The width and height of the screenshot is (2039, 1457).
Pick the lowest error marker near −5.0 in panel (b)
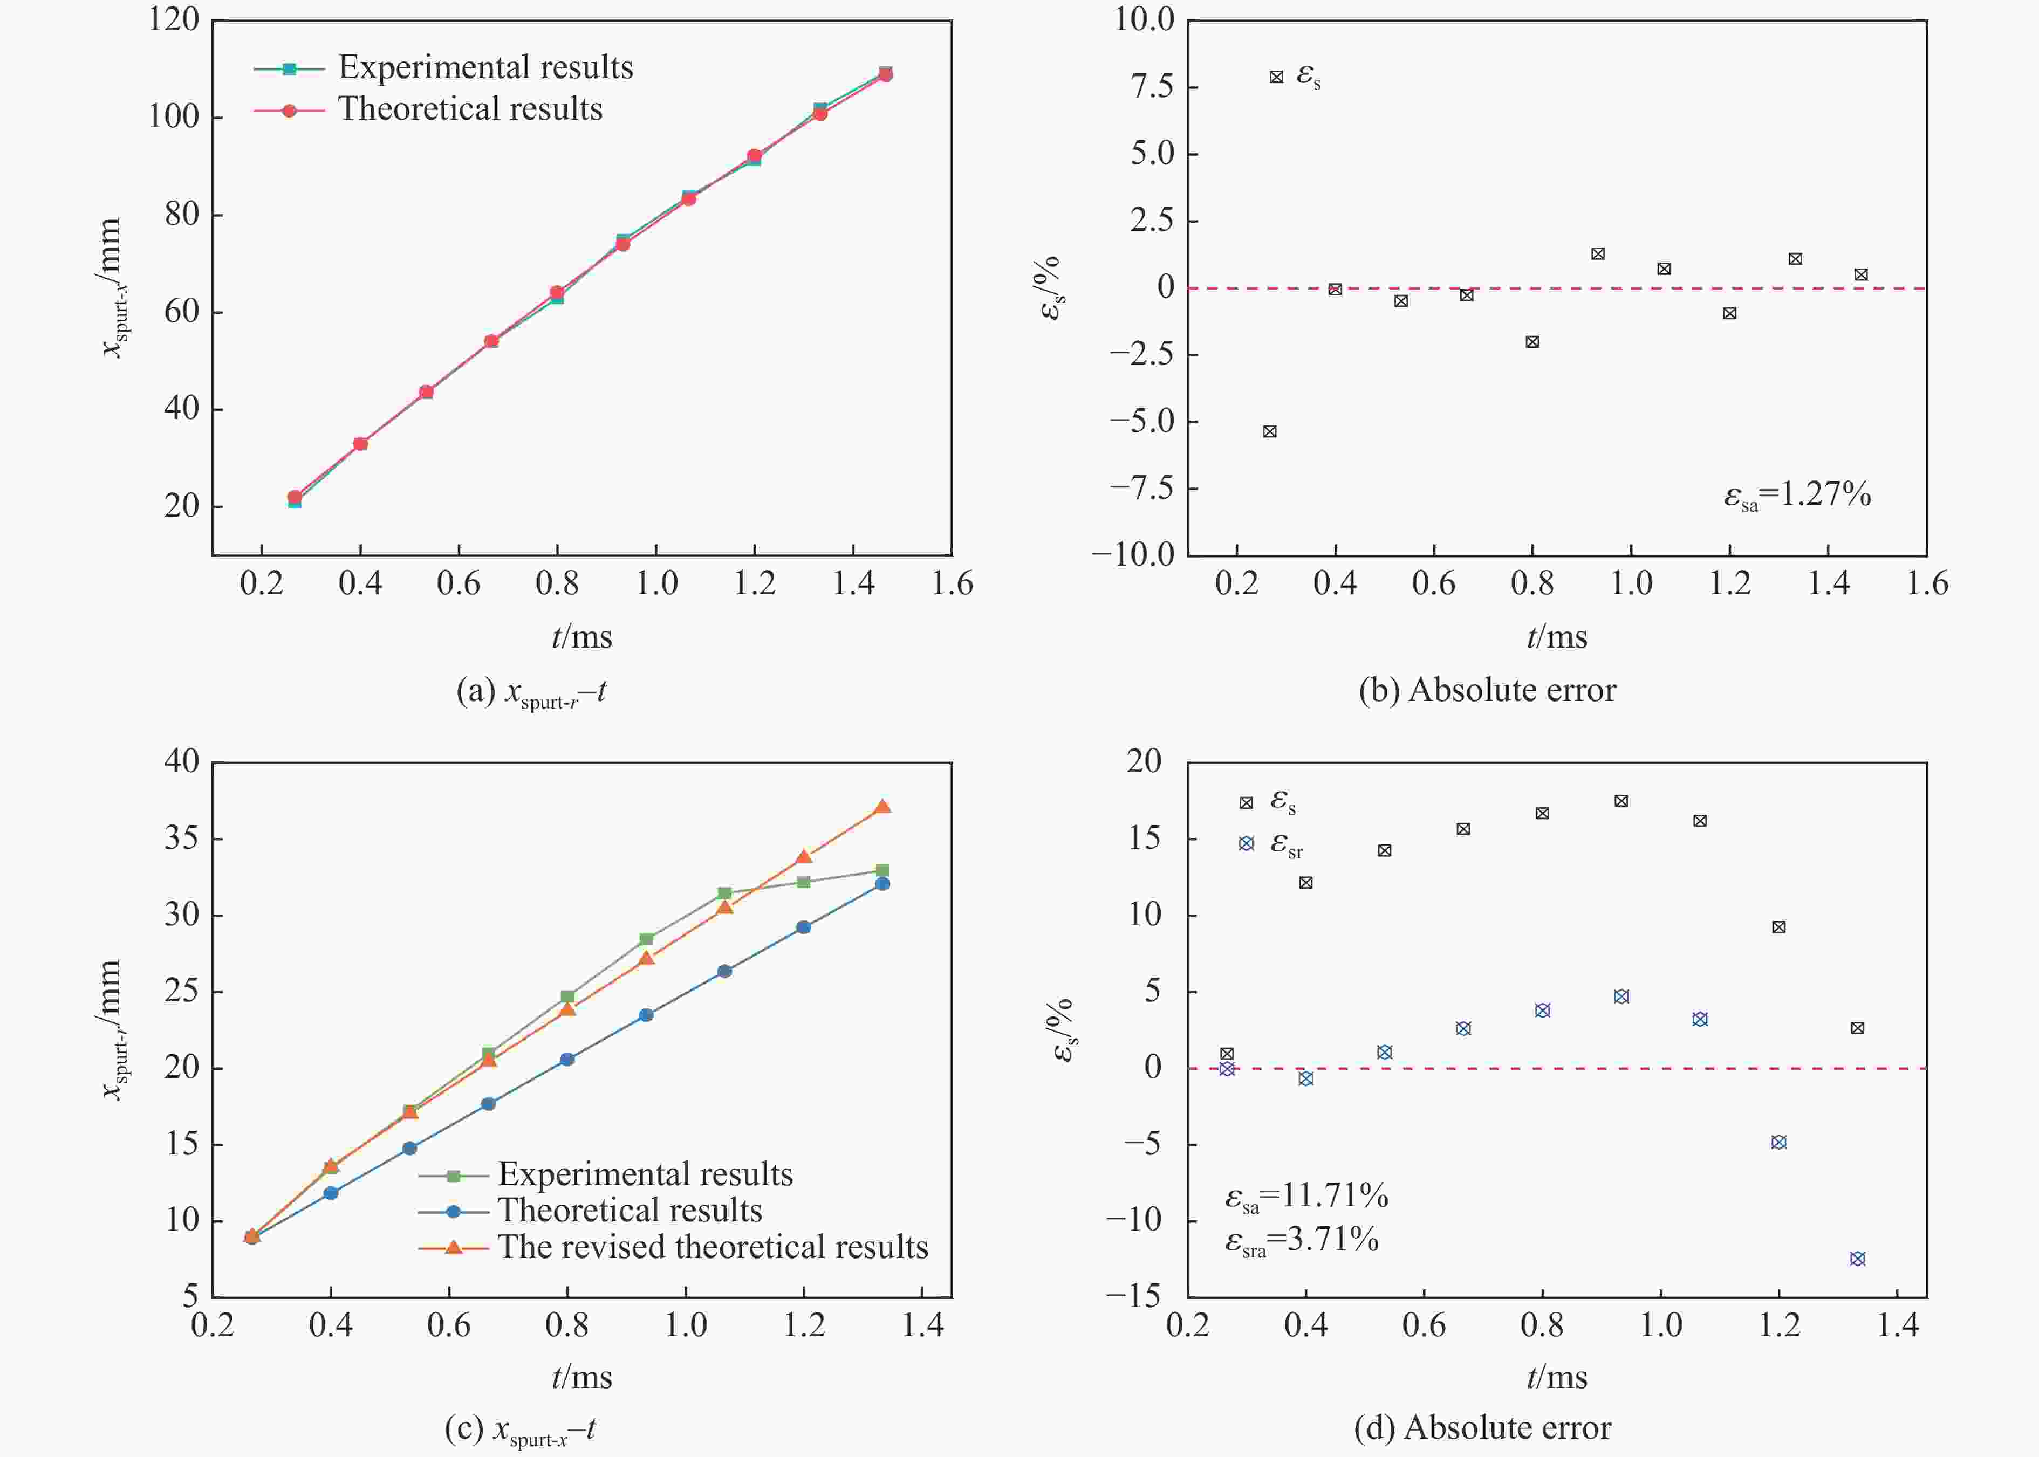1270,431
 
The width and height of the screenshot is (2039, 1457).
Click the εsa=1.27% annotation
1797,494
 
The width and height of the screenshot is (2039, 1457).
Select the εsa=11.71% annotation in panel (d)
1306,1196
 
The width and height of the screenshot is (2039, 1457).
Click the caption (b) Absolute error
1487,690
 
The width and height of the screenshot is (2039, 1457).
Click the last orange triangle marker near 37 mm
882,807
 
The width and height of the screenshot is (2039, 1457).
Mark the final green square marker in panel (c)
882,870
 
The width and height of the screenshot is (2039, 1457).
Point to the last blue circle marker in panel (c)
882,884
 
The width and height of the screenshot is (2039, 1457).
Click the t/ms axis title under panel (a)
581,637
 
